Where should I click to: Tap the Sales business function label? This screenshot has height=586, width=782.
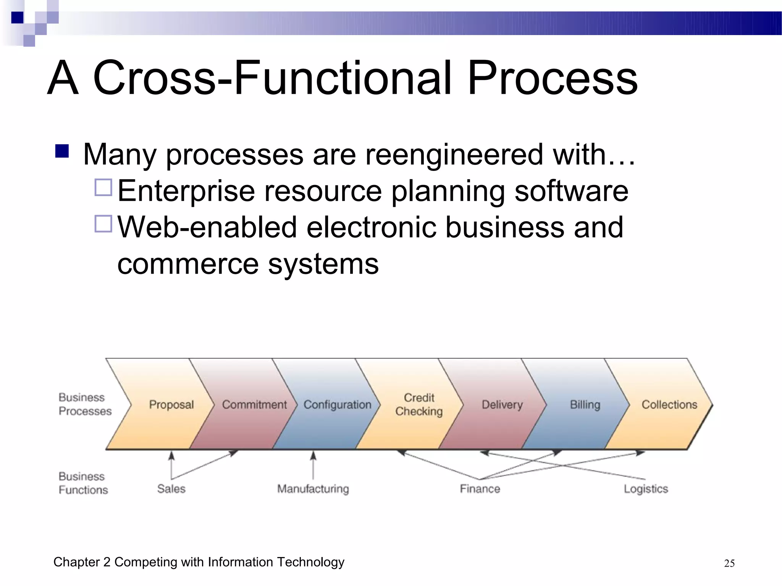[171, 489]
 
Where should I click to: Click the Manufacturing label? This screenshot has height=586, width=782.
[313, 489]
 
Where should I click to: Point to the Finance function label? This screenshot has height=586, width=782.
[480, 489]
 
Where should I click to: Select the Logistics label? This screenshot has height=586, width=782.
[646, 489]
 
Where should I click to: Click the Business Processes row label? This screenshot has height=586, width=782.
[85, 404]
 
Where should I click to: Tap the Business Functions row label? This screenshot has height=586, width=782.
[83, 483]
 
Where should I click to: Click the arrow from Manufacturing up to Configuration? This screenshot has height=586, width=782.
[313, 465]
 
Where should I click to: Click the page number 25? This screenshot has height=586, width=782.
[729, 563]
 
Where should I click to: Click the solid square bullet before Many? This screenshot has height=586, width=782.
[62, 151]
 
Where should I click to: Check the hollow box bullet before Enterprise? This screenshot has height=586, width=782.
[103, 187]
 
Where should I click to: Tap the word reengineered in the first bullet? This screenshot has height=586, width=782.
[454, 155]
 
